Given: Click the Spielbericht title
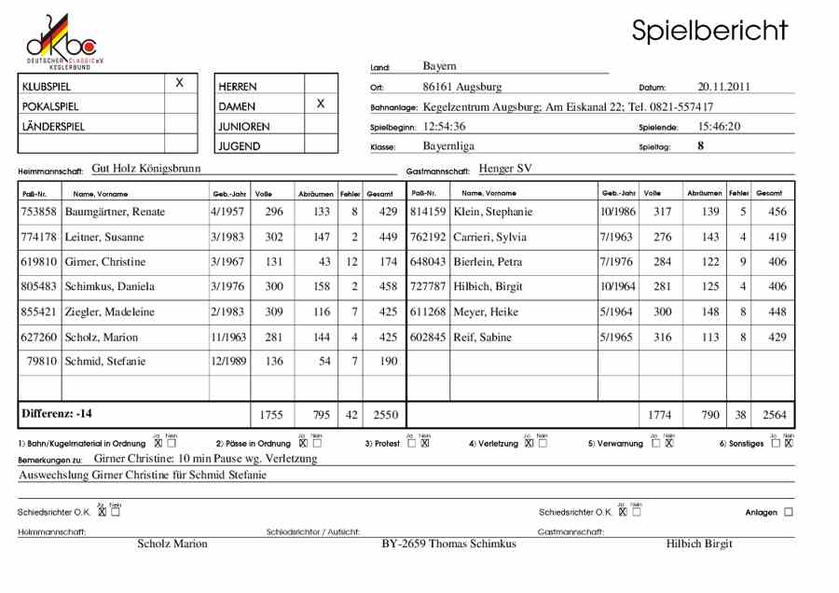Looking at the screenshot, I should coord(709,31).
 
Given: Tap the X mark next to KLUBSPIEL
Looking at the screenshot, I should coord(180,84).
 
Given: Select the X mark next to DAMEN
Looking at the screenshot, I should coord(320,104).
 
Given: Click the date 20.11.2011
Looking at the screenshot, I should coord(723,87).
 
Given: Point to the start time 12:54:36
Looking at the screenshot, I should coord(444,126).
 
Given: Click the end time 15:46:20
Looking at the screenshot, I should coord(719,126).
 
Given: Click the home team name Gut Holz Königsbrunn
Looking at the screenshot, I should coord(146,169).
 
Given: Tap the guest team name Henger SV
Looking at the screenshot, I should coord(505,169).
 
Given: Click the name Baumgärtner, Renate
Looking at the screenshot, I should coord(116,212).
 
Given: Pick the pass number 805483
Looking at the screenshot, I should coord(39,287).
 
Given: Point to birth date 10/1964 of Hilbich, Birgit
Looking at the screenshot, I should coord(617,287).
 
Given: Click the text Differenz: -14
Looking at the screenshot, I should coord(57,413).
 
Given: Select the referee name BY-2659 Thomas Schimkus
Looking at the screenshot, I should coord(448,544).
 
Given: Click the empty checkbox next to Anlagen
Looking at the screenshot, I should coord(789,512).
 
